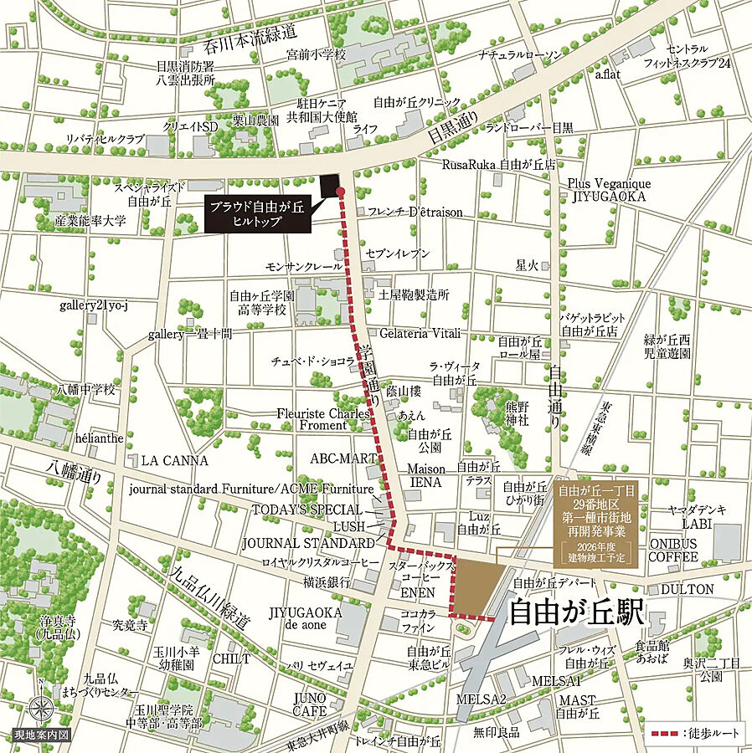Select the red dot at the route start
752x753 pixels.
341,192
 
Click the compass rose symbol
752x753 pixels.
40,709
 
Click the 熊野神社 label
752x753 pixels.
517,414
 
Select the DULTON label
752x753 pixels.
688,589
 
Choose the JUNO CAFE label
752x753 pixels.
310,704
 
